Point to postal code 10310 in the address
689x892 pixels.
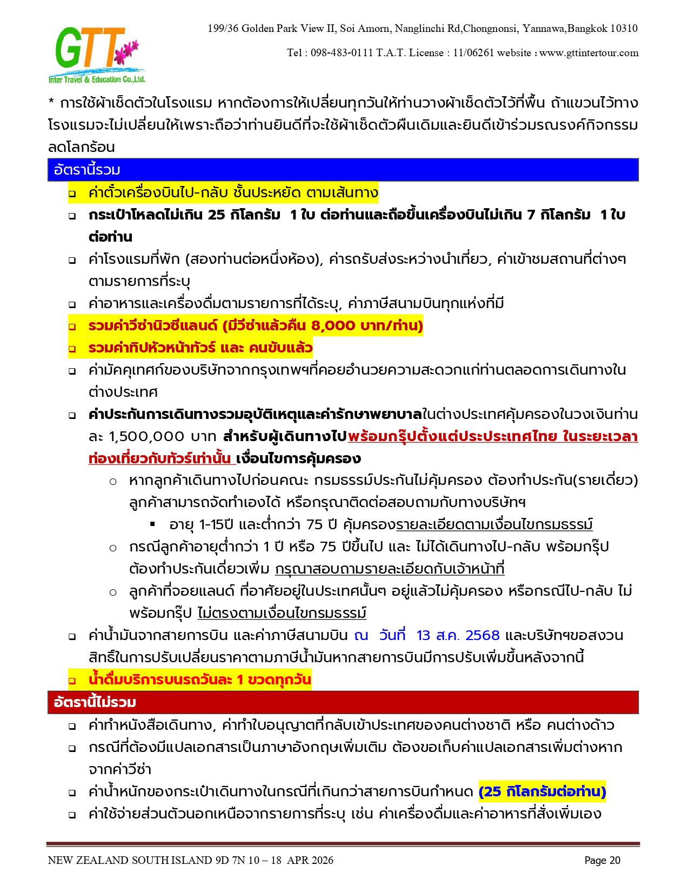(624, 29)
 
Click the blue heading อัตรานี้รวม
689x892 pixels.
(87, 170)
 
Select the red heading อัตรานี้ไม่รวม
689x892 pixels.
(95, 702)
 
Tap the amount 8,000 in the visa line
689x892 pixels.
(333, 325)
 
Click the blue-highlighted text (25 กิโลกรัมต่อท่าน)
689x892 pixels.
(542, 792)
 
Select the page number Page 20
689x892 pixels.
(602, 861)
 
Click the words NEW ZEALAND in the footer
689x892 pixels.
(88, 861)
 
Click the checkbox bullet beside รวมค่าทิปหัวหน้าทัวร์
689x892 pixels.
(72, 349)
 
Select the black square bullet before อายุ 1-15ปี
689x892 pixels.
(153, 524)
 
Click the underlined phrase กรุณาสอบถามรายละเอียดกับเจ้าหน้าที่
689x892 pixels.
(389, 569)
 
